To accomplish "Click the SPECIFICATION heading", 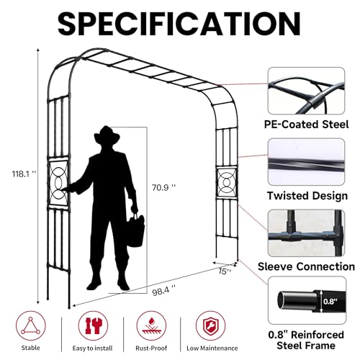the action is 179,24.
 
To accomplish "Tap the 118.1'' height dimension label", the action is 24,174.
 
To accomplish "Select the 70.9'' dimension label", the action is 163,187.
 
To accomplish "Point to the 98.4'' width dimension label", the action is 163,291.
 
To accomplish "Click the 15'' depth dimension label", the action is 225,271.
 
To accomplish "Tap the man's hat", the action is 107,135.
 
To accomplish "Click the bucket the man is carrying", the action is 135,230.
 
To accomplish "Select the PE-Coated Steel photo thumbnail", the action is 306,91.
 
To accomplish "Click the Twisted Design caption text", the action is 307,196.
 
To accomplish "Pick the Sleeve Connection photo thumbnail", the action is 306,233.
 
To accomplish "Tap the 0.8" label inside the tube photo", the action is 330,302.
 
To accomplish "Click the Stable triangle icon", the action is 31,325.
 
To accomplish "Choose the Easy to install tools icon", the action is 93,325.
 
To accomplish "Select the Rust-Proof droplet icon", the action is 151,325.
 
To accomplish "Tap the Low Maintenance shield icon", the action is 210,325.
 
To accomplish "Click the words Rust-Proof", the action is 151,348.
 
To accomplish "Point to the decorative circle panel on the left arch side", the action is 58,184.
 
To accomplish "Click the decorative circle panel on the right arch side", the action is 227,183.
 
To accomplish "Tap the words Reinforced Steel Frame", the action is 306,340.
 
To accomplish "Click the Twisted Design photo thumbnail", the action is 306,162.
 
